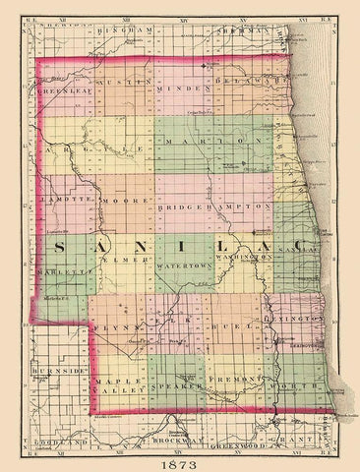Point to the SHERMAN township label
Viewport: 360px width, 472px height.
point(239,31)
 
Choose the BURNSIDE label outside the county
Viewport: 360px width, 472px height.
point(55,375)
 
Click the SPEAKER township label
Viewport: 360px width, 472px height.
point(180,386)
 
